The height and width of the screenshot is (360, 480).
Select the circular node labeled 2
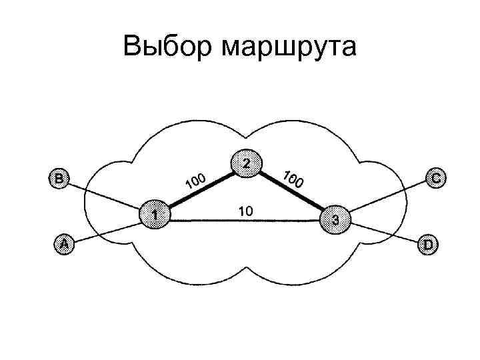(246, 163)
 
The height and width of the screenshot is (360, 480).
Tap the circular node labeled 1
(155, 214)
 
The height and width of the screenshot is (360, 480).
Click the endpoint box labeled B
(59, 178)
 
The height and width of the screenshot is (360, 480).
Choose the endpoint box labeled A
(63, 245)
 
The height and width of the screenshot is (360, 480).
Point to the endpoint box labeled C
(435, 178)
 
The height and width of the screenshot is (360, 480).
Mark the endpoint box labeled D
(427, 245)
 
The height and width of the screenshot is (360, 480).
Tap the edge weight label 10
(245, 211)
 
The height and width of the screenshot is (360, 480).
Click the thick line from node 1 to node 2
(200, 189)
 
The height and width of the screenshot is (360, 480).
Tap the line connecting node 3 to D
(383, 233)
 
